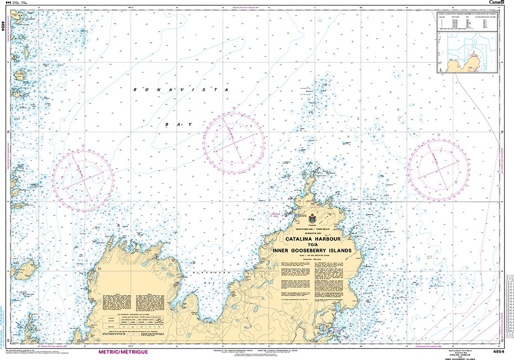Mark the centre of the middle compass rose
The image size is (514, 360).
pyautogui.click(x=233, y=138)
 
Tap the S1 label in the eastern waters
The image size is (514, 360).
pyautogui.click(x=428, y=257)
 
